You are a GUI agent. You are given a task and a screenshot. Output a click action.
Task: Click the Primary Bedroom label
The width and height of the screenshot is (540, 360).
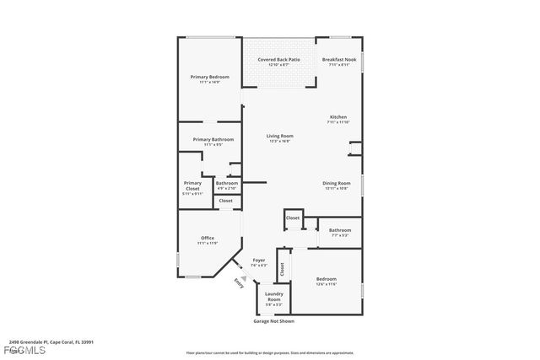tap(209, 77)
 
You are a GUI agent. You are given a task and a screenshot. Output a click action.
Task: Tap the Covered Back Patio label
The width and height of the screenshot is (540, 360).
tap(278, 60)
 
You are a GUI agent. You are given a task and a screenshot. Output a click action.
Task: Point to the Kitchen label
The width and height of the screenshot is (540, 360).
tap(337, 116)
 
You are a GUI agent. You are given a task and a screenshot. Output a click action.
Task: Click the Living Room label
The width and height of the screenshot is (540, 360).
tap(279, 136)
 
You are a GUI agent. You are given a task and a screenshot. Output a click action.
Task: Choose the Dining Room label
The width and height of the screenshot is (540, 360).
tap(335, 183)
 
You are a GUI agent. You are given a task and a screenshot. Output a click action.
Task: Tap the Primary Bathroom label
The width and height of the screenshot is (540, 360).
tap(213, 139)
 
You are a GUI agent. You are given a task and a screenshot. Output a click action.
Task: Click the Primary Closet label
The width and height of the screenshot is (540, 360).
tap(192, 185)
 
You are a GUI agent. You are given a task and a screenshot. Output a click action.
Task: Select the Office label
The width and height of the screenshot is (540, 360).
tap(208, 238)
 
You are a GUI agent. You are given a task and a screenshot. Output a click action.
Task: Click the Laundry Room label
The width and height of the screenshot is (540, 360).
tap(274, 297)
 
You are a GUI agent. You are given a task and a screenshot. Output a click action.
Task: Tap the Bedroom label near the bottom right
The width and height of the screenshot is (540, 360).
tap(327, 278)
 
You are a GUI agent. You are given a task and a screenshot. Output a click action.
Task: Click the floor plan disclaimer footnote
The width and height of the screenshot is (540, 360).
tap(270, 352)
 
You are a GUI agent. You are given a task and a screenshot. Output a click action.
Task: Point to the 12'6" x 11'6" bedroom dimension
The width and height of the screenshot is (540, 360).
tap(327, 284)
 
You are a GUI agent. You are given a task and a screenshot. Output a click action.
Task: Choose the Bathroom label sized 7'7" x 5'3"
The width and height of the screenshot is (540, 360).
tap(340, 229)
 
